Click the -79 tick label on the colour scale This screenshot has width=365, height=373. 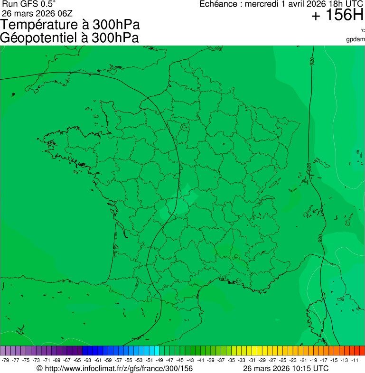6,360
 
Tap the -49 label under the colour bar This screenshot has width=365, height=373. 159,360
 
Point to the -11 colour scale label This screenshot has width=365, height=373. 355,360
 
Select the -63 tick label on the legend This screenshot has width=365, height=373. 88,360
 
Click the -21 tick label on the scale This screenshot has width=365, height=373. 304,360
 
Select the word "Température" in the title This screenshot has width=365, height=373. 41,25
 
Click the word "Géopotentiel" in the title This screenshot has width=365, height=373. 43,38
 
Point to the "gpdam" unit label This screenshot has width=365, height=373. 356,39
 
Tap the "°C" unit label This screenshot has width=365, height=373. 362,30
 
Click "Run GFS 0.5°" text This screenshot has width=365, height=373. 29,4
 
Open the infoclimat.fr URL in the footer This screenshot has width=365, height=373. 119,368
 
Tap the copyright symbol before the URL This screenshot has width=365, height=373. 39,369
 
